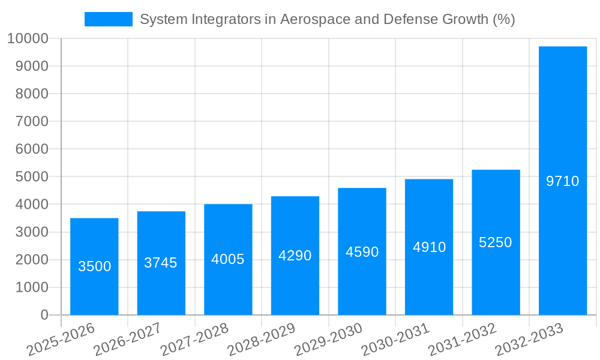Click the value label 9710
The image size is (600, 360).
tap(562, 181)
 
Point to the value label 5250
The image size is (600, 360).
tap(496, 242)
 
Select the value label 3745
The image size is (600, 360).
tap(161, 262)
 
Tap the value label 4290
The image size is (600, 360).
tap(295, 256)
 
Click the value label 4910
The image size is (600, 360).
tap(429, 247)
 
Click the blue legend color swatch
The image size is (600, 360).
tap(109, 19)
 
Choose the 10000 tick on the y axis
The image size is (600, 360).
tap(28, 39)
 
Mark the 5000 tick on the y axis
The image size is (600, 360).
tap(31, 177)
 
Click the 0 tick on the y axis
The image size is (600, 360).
tap(44, 315)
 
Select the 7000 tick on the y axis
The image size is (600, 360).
tap(31, 122)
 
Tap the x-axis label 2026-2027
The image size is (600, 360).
tap(128, 339)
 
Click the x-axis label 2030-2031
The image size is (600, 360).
tap(395, 339)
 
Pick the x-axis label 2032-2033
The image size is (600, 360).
tap(529, 339)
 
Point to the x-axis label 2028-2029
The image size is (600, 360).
tap(262, 339)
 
